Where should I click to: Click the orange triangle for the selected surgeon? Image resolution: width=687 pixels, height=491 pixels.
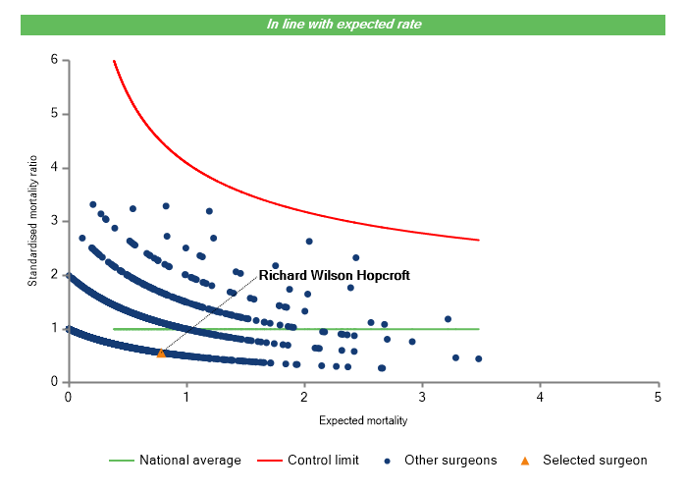tap(161, 353)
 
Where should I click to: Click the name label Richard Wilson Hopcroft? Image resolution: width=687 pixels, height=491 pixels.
tap(334, 276)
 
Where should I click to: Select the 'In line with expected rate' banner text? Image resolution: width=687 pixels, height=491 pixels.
tap(343, 24)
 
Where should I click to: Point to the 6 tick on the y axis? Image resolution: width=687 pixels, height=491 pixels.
tap(54, 61)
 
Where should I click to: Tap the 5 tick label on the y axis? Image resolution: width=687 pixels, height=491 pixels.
tap(54, 114)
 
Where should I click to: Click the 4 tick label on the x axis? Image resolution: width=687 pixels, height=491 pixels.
tap(540, 396)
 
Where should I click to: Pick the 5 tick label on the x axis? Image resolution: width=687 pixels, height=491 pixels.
tap(658, 396)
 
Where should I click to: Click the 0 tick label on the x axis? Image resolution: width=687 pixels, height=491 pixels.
tap(68, 396)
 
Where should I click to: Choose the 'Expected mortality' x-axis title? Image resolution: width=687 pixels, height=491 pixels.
tap(363, 421)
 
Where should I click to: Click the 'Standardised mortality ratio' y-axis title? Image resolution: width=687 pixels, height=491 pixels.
tap(32, 221)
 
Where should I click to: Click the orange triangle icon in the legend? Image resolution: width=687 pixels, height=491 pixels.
tap(525, 460)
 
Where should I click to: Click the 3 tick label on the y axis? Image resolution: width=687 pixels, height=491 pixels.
tap(54, 221)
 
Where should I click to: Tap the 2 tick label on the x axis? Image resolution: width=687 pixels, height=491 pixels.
tap(303, 396)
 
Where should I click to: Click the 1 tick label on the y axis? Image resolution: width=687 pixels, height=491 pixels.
tap(54, 328)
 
